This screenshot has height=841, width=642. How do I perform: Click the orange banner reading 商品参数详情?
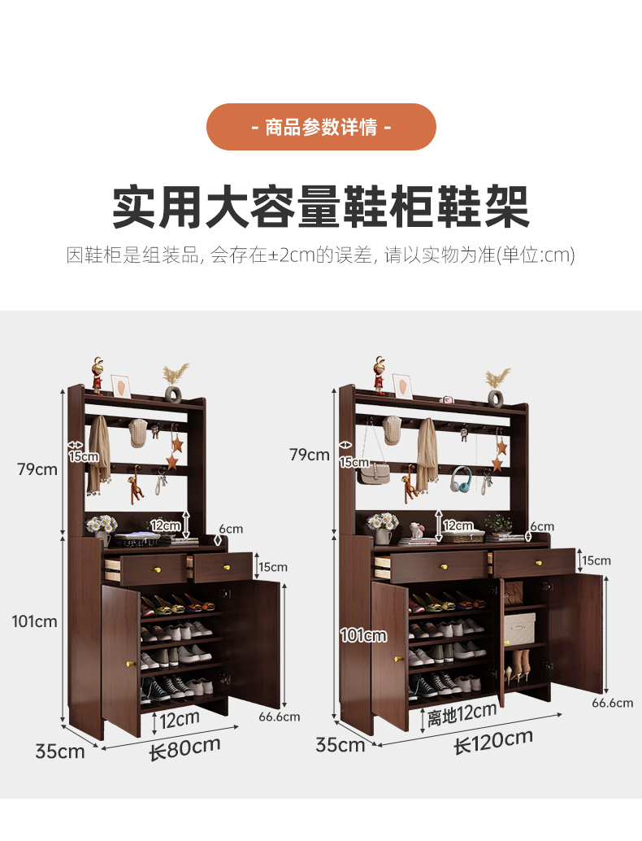321,127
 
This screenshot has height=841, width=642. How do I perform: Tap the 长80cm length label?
185,747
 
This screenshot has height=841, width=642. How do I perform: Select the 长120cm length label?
493,741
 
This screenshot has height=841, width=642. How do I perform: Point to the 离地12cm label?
462,714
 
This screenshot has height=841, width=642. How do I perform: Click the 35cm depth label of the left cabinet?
60,752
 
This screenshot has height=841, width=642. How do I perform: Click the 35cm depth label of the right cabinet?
341,744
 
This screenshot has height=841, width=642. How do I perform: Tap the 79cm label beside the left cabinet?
37,469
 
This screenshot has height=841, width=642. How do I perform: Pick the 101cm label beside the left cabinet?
35,621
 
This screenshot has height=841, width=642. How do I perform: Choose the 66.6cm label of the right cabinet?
613,703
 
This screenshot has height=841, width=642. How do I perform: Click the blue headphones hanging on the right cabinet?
461,480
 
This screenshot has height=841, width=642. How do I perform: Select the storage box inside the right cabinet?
519,629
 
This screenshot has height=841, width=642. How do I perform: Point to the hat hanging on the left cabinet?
137,433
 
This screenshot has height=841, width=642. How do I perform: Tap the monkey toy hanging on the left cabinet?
135,484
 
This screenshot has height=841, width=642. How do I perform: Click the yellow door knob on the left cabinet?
128,664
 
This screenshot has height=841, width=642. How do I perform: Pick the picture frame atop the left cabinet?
121,386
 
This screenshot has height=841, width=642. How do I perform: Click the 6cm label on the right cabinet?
542,526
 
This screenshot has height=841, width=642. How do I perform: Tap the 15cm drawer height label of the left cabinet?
273,567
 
